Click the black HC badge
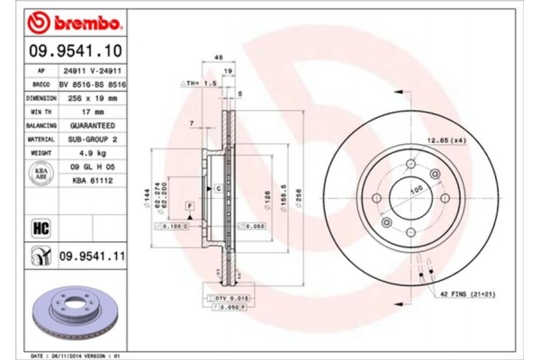40,227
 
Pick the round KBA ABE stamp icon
40,175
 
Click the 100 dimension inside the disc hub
416,190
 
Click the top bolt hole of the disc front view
410,164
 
